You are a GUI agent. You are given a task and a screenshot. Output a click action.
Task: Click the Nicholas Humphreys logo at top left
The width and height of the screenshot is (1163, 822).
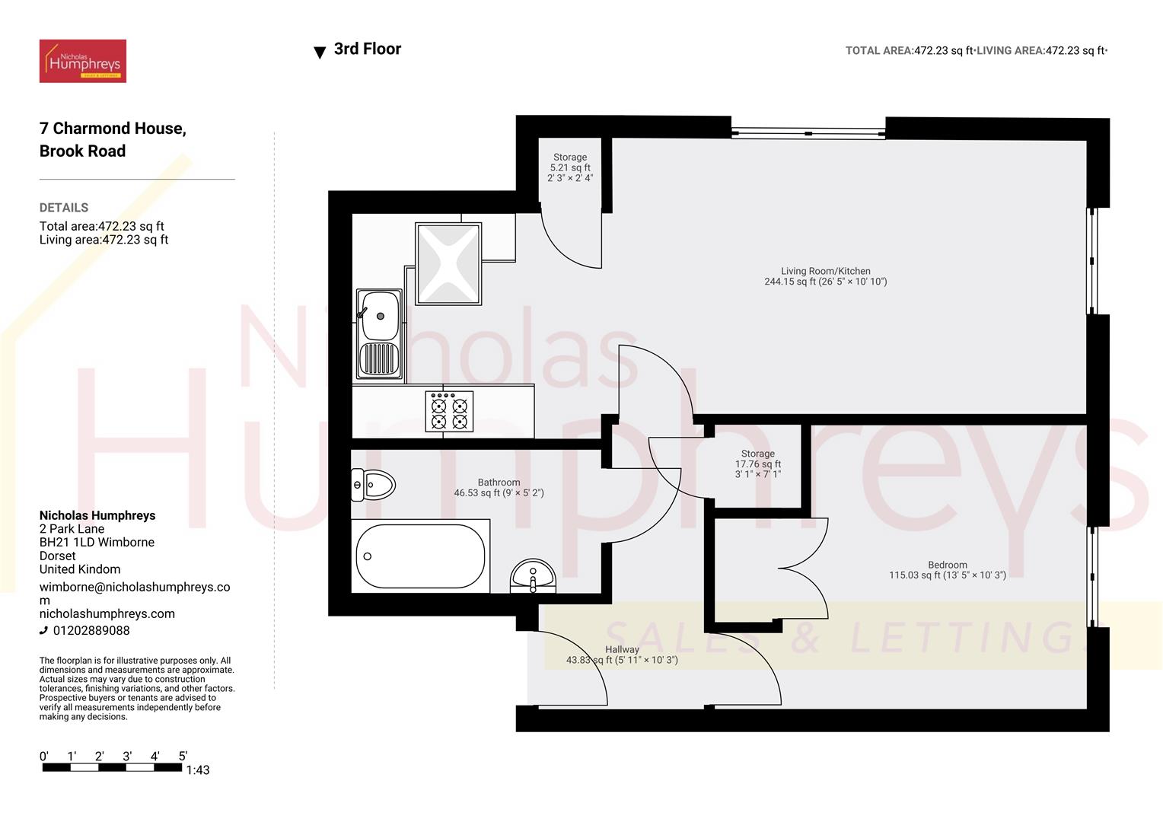[83, 61]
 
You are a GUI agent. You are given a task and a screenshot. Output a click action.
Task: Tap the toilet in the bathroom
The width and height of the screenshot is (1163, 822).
[374, 484]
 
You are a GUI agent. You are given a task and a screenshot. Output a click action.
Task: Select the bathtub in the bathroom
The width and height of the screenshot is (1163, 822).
[420, 556]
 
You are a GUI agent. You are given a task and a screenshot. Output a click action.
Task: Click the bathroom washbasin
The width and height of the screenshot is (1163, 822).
[533, 576]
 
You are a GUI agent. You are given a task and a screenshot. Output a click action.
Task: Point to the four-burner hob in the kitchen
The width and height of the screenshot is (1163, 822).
[449, 411]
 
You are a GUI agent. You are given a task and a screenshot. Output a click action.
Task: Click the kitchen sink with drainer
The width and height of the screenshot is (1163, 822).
[379, 334]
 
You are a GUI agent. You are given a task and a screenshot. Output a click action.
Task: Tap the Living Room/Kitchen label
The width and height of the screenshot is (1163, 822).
[825, 276]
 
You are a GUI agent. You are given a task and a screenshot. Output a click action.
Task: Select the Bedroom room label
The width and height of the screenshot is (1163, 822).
[947, 570]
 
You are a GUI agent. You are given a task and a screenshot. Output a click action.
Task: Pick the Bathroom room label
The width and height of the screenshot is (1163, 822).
[499, 488]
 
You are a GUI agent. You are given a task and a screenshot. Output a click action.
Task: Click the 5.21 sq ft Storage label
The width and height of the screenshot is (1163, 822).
[570, 167]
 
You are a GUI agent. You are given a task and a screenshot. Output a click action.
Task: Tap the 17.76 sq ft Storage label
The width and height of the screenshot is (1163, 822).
[757, 464]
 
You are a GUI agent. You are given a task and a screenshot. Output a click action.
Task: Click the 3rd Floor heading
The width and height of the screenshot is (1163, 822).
[368, 49]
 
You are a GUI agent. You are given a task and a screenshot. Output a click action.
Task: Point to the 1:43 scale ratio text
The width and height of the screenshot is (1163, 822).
[198, 770]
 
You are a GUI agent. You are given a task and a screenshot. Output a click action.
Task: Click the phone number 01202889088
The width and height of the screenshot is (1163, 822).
[91, 630]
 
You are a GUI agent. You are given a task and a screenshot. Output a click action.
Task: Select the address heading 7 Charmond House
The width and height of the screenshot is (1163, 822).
[113, 129]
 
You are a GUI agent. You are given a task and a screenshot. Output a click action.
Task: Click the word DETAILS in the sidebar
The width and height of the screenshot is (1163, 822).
[64, 208]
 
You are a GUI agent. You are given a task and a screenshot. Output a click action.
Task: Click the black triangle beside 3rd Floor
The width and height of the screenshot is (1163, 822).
[320, 53]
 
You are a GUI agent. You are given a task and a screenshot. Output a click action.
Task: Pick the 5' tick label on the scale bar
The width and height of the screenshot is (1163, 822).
[183, 757]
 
